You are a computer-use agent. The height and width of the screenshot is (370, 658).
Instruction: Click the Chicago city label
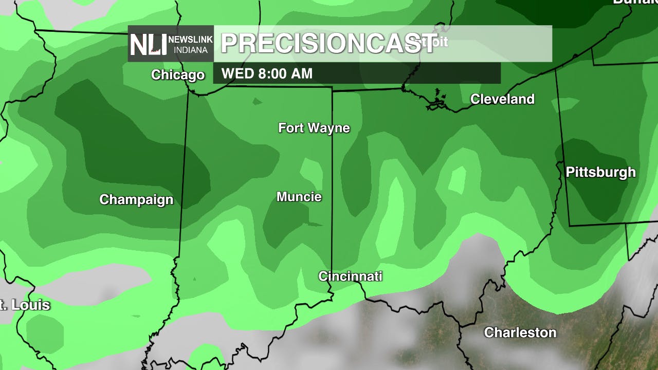point(178,75)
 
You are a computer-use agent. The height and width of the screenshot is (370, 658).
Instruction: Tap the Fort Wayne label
point(314,128)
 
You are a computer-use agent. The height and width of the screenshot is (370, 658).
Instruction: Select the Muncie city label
point(299,197)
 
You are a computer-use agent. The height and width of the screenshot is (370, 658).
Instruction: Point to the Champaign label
point(136,199)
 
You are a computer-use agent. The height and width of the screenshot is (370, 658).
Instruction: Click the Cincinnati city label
point(350,276)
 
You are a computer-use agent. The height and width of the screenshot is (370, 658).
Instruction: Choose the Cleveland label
point(502,99)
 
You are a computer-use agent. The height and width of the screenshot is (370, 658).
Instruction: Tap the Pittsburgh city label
point(600,172)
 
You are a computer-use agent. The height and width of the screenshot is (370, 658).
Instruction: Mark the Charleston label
point(520,332)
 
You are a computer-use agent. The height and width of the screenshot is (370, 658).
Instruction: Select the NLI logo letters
point(148,44)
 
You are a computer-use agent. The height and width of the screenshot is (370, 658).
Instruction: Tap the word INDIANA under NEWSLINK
point(191,50)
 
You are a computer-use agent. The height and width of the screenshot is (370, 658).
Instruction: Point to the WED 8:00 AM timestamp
point(267,73)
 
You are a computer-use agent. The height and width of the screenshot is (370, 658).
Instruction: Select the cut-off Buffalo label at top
point(635,2)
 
